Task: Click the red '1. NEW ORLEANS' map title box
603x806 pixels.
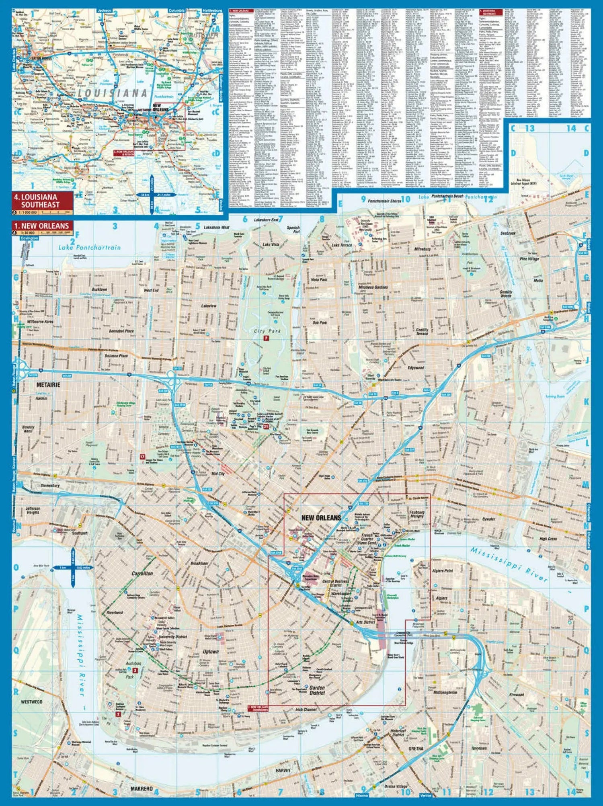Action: pos(42,226)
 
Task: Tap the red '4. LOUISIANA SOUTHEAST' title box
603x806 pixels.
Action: pos(42,201)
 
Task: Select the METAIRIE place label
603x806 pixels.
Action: pos(49,385)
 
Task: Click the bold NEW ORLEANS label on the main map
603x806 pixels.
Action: pos(321,518)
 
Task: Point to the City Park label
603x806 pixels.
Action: pos(267,331)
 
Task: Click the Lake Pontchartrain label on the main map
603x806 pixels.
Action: pos(89,247)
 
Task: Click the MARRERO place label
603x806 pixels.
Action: pos(142,789)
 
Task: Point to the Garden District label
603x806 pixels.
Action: pos(317,690)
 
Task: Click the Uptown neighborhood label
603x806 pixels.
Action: pos(210,651)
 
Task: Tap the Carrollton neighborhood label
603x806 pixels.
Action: pos(142,573)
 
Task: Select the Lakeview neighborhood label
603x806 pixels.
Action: pos(209,306)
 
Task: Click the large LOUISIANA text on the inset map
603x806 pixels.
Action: pos(112,93)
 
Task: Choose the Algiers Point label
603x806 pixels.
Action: pos(442,570)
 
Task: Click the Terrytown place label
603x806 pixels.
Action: pos(478,748)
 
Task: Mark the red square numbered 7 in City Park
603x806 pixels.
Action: pos(266,338)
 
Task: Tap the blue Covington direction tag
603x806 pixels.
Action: pos(29,238)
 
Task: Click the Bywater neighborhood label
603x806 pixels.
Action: pos(488,519)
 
